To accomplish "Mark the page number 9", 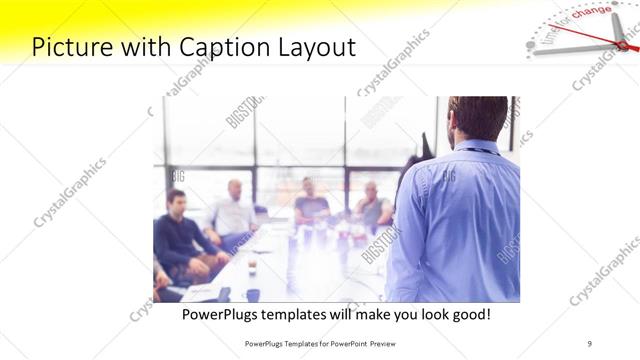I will [589, 343].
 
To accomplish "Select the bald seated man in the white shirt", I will [233, 212].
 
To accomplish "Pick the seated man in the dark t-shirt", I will [310, 204].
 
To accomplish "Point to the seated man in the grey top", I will [372, 207].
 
